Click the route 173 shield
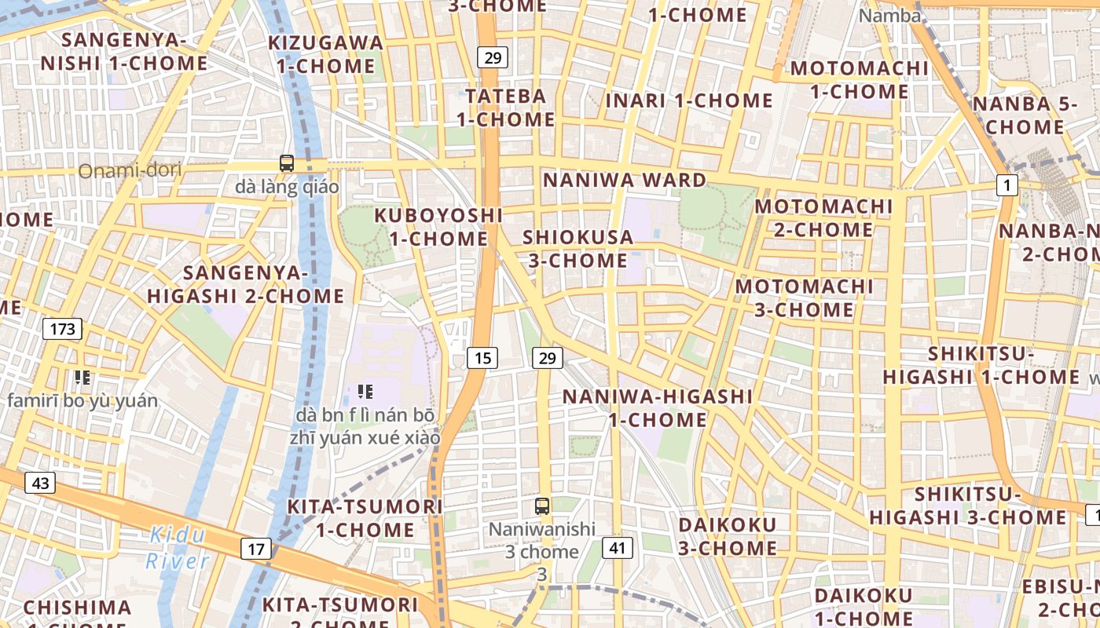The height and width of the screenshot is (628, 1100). pyautogui.click(x=62, y=329)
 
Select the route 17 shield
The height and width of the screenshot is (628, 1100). pyautogui.click(x=256, y=549)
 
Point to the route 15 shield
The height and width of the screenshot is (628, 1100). pyautogui.click(x=482, y=358)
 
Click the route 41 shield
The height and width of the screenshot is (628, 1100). pyautogui.click(x=617, y=547)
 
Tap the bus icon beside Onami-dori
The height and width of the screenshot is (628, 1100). pyautogui.click(x=287, y=163)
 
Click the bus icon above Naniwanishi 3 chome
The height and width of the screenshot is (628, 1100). pyautogui.click(x=541, y=506)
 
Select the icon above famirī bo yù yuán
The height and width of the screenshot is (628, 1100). pyautogui.click(x=82, y=378)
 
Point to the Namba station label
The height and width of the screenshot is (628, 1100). pyautogui.click(x=889, y=16)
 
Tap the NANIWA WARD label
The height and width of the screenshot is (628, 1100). pyautogui.click(x=625, y=180)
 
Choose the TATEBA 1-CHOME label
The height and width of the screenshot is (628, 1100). pyautogui.click(x=505, y=108)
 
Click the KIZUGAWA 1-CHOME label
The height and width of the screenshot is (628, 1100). pyautogui.click(x=325, y=54)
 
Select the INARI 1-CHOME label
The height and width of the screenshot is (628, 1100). pyautogui.click(x=689, y=100)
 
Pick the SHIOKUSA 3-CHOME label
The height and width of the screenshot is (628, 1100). pyautogui.click(x=577, y=248)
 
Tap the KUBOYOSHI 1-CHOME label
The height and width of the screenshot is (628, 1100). pyautogui.click(x=438, y=226)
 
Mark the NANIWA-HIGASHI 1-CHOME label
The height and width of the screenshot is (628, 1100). pyautogui.click(x=658, y=408)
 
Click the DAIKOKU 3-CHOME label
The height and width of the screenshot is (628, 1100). pyautogui.click(x=728, y=536)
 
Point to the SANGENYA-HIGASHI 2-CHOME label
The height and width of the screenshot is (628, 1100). pyautogui.click(x=245, y=284)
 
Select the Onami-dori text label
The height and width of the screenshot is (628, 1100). pyautogui.click(x=130, y=170)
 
